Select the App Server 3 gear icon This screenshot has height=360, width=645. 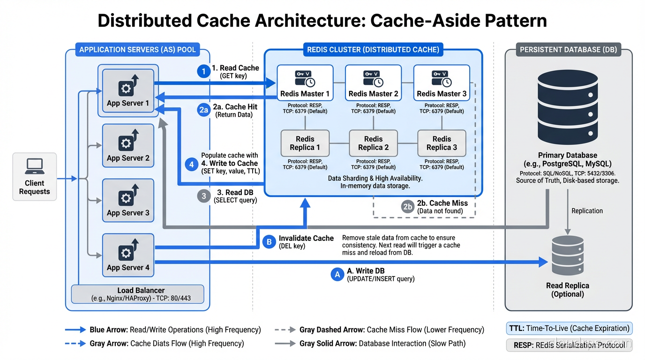point(125,197)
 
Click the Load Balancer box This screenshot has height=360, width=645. point(137,294)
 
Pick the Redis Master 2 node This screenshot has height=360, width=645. point(373,83)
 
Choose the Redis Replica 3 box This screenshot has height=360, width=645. point(442,143)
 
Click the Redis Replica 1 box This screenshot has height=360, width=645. point(305,143)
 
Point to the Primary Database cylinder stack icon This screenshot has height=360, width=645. point(567,107)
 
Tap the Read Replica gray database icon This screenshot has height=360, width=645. point(567,256)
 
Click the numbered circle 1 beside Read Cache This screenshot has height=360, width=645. point(203,71)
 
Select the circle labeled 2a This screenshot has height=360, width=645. point(203,110)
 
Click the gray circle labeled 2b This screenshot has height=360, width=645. point(408,207)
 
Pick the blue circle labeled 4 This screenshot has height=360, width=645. point(191,164)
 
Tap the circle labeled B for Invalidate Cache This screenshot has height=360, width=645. point(269,242)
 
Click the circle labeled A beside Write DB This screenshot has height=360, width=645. point(337,274)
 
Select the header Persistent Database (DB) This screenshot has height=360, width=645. point(568,49)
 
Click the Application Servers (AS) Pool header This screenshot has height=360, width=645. point(137,49)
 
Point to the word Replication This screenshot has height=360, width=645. point(587,211)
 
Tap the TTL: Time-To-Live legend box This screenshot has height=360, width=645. point(569,328)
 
